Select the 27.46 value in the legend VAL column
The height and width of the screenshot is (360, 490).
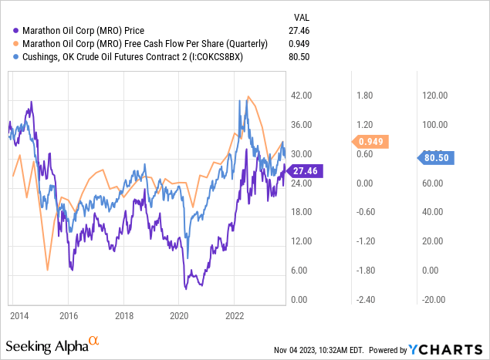(x=302, y=32)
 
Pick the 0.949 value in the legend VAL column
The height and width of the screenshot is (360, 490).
(x=302, y=45)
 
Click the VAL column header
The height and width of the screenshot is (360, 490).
(x=302, y=17)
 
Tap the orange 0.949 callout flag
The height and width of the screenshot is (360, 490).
(x=372, y=141)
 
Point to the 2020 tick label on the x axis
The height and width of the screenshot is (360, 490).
(x=179, y=315)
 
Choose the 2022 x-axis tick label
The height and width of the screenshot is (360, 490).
(x=234, y=315)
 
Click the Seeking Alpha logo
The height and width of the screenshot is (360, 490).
(x=52, y=343)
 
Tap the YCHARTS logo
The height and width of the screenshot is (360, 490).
(x=455, y=348)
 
